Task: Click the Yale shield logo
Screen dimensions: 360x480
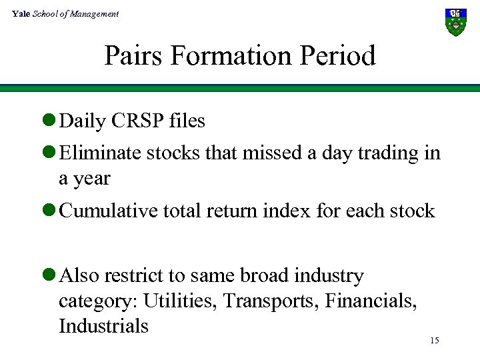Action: coord(455,22)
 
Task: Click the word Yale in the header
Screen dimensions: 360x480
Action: coord(21,13)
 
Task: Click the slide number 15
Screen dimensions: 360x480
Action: coord(434,341)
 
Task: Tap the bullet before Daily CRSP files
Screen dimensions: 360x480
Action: coord(48,121)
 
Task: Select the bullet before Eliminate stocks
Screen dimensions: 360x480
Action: coord(48,153)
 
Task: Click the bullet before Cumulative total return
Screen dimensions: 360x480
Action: coord(48,211)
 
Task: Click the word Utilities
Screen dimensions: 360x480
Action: coord(181,301)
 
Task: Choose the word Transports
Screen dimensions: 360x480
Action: coord(271,301)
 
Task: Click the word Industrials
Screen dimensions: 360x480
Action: coord(103,326)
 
